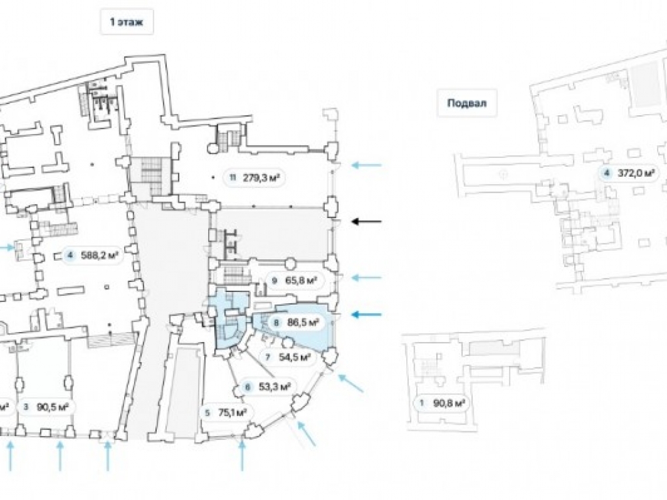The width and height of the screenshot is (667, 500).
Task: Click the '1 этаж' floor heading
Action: click(127, 22)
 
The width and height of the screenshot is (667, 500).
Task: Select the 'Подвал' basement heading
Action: click(467, 103)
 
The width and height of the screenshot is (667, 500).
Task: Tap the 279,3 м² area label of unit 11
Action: click(261, 178)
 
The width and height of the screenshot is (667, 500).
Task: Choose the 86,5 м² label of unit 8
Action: click(303, 323)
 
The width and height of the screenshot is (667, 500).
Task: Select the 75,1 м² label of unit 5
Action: click(232, 413)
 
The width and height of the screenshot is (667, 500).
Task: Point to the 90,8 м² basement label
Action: click(448, 403)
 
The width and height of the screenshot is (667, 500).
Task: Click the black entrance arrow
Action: click(367, 221)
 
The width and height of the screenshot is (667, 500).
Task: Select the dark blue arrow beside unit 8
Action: click(367, 315)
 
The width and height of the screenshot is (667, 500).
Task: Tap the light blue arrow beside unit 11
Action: click(367, 165)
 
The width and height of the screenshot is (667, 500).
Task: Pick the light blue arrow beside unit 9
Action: click(367, 277)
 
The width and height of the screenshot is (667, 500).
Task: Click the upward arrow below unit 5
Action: click(242, 456)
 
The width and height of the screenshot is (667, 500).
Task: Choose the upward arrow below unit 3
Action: click(60, 456)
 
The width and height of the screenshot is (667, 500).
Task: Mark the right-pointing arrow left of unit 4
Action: click(5, 247)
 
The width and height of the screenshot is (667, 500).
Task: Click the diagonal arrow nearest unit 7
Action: click(351, 383)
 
